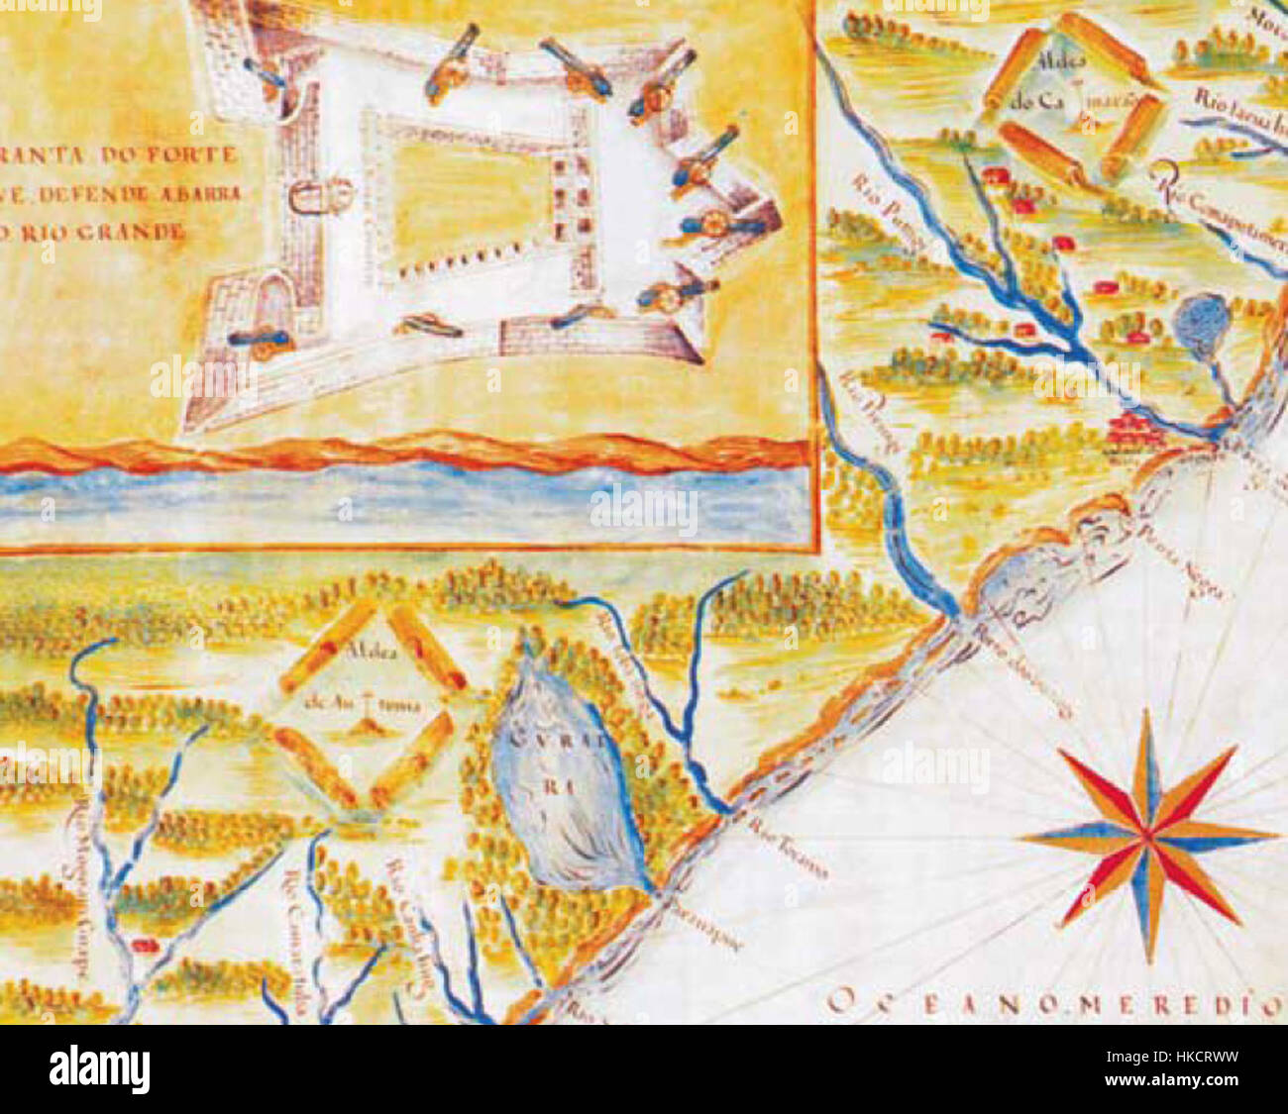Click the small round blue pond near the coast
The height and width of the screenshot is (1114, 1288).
(x=1201, y=323)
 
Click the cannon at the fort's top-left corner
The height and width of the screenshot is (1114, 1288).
(x=268, y=74)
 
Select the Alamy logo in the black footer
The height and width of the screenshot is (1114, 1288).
(x=99, y=1069)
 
